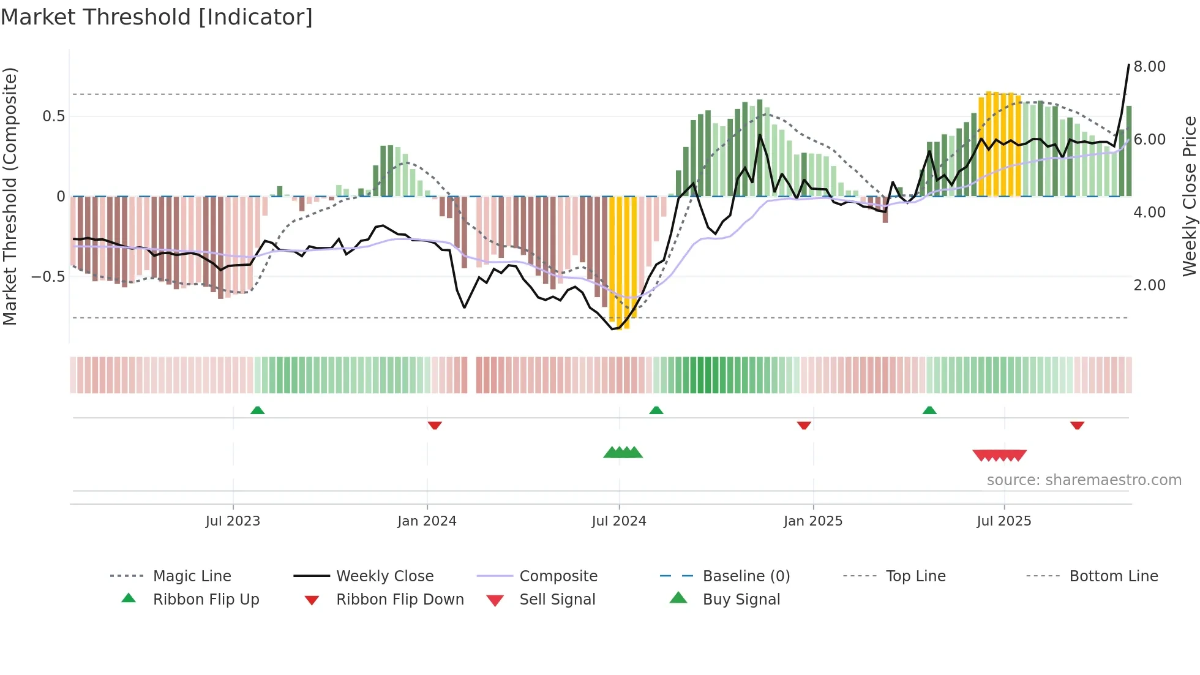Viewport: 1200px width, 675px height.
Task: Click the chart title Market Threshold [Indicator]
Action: click(x=157, y=17)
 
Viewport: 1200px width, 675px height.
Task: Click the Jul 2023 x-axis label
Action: click(x=233, y=521)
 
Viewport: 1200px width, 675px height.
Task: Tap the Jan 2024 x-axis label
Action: click(x=427, y=521)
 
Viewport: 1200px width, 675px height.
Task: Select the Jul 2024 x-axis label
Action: click(x=619, y=521)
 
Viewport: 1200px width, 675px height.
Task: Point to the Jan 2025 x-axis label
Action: click(x=813, y=521)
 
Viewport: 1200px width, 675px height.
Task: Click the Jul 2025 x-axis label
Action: click(x=1004, y=521)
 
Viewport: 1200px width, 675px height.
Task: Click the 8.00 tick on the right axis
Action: click(x=1149, y=67)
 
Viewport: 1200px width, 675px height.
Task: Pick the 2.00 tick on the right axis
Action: click(x=1149, y=285)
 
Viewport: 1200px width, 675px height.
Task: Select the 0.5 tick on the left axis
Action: click(x=54, y=116)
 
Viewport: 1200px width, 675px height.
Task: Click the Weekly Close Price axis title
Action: click(x=1189, y=196)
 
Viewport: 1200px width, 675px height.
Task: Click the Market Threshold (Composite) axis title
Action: click(x=10, y=196)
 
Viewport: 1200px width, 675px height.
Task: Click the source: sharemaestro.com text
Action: click(x=1084, y=480)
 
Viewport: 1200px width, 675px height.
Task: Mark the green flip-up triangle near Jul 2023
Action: click(x=258, y=410)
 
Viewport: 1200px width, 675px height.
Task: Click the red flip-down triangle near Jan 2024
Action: click(x=435, y=425)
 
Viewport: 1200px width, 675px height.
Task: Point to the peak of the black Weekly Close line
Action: click(x=1129, y=64)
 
